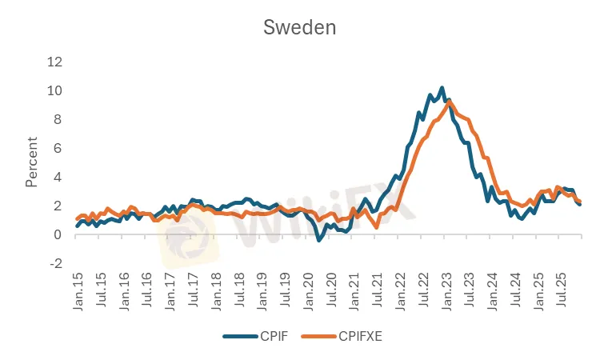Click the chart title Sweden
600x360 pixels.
click(300, 27)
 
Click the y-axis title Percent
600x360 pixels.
click(31, 162)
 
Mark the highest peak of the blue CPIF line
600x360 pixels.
click(442, 88)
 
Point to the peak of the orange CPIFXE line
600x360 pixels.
click(450, 102)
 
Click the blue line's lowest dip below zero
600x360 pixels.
click(318, 240)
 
